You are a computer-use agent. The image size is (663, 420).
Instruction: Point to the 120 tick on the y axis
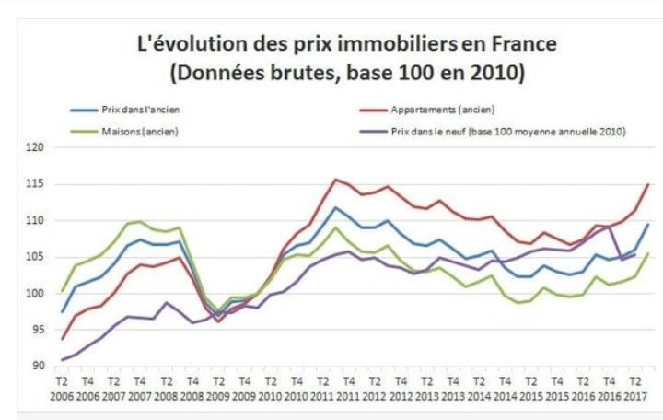(x=34, y=147)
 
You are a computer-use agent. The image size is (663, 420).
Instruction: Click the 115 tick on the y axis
(x=34, y=184)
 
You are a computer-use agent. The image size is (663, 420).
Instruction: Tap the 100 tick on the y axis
(x=34, y=294)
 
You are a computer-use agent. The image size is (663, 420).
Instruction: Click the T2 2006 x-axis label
(x=63, y=388)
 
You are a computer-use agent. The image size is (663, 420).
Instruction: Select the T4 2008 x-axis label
(x=192, y=388)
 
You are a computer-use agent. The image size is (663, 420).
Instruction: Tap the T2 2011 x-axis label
(x=322, y=388)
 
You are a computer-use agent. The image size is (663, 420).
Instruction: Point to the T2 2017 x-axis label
(x=634, y=388)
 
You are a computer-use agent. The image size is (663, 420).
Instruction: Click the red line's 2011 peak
(x=335, y=179)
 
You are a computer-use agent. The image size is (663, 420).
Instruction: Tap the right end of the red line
(x=648, y=184)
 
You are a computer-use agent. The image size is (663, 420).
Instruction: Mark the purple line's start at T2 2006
(x=63, y=360)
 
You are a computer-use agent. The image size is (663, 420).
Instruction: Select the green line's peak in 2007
(x=140, y=221)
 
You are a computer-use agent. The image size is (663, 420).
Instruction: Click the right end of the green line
(x=648, y=253)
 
